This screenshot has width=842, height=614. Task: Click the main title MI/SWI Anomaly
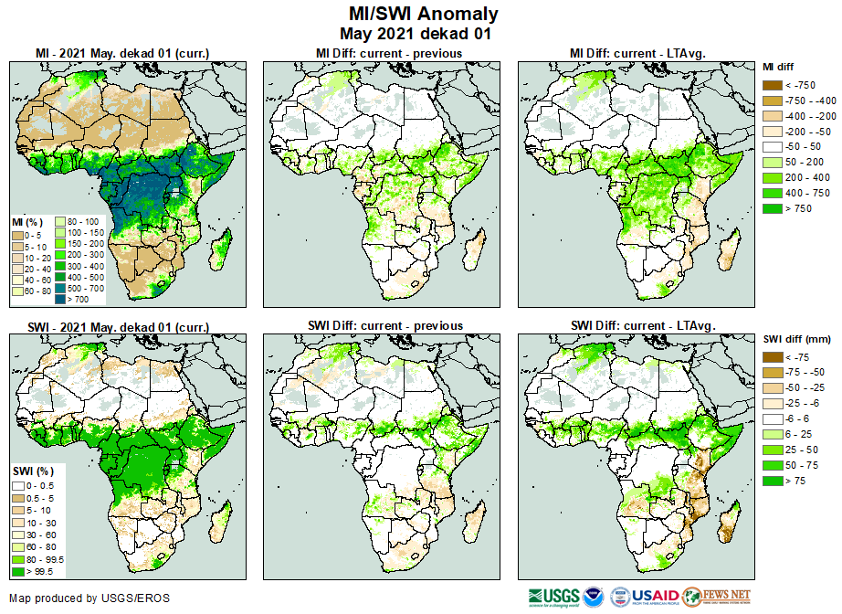coord(424,14)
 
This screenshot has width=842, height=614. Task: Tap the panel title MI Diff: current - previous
coord(388,53)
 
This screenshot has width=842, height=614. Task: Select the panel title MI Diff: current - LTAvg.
coord(642,53)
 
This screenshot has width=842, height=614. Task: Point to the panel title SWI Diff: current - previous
coord(388,325)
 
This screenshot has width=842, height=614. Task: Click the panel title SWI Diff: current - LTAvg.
coord(642,325)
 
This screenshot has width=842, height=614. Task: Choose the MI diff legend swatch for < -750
coord(772,85)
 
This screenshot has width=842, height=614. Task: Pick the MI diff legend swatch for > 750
coord(772,209)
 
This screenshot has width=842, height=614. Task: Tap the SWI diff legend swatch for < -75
coord(772,357)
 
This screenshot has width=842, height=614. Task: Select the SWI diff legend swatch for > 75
coord(772,482)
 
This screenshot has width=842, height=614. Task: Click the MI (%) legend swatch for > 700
coord(63,299)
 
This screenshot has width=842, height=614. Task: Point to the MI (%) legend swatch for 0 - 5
coord(18,235)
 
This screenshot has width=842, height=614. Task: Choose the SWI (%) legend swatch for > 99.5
coord(18,572)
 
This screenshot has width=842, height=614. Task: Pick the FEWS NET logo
coord(717,597)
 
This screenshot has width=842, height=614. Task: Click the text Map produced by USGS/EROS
coord(89,598)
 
